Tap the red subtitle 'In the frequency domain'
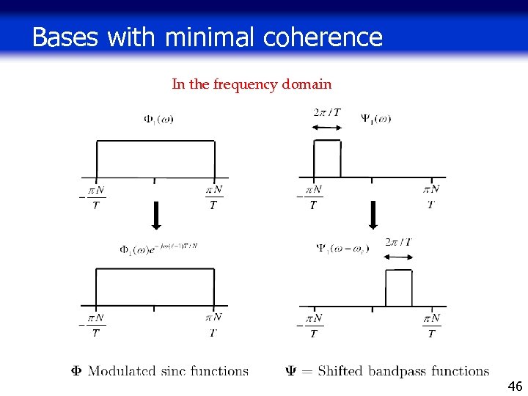pos(252,84)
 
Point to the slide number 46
pos(515,386)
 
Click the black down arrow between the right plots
pos(373,215)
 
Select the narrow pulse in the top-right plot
pos(327,158)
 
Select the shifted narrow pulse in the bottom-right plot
pos(399,287)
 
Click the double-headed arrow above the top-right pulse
pos(326,128)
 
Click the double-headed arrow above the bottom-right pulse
pos(399,256)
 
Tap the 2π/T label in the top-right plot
pos(326,112)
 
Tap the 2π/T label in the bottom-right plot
pos(398,242)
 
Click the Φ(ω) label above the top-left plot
pos(158,119)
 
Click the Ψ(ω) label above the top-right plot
pos(375,118)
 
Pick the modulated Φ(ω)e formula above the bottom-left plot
pos(158,249)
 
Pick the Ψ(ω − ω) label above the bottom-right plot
pos(342,249)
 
